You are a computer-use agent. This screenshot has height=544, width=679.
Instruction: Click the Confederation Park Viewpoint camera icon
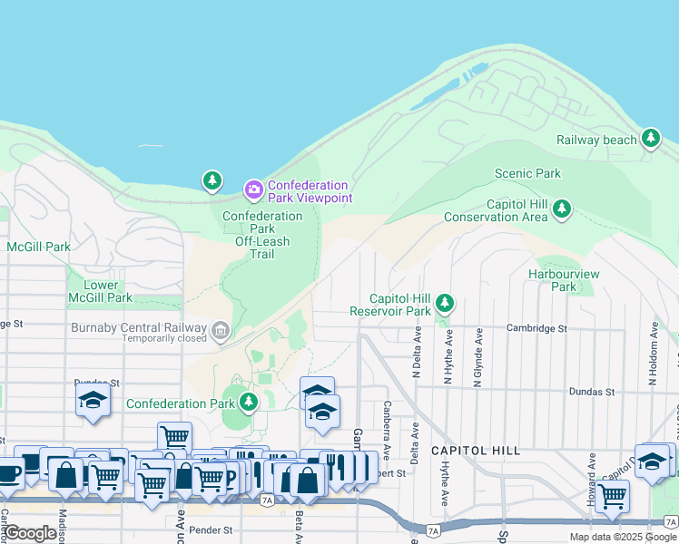pyautogui.click(x=253, y=189)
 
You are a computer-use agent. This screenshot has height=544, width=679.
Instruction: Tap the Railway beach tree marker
pyautogui.click(x=650, y=139)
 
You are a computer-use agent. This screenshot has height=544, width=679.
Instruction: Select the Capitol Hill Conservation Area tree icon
pyautogui.click(x=562, y=209)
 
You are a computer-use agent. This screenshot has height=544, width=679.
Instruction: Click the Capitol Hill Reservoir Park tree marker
pyautogui.click(x=444, y=302)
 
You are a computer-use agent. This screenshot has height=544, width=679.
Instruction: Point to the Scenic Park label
pyautogui.click(x=527, y=173)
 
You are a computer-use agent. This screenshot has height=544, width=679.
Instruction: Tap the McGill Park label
pyautogui.click(x=38, y=247)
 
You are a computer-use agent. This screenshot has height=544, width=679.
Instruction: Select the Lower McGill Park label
pyautogui.click(x=100, y=291)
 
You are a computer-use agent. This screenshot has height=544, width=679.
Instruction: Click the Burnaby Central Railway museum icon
pyautogui.click(x=220, y=328)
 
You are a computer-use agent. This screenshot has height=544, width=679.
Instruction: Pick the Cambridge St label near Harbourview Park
pyautogui.click(x=536, y=328)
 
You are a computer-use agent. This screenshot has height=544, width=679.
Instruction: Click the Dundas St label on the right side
pyautogui.click(x=591, y=392)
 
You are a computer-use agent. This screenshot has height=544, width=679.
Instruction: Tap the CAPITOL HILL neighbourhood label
pyautogui.click(x=476, y=451)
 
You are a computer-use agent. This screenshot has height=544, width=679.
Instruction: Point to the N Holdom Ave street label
pyautogui.click(x=652, y=353)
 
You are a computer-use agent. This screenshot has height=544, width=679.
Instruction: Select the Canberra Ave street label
pyautogui.click(x=388, y=430)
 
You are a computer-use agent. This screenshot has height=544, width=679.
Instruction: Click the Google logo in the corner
pyautogui.click(x=30, y=533)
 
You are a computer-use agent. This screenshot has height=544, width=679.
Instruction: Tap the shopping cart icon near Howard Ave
pyautogui.click(x=613, y=495)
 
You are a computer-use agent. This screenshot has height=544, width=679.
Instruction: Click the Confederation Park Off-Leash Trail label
pyautogui.click(x=262, y=235)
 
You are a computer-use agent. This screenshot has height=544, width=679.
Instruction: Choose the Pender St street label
pyautogui.click(x=216, y=529)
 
